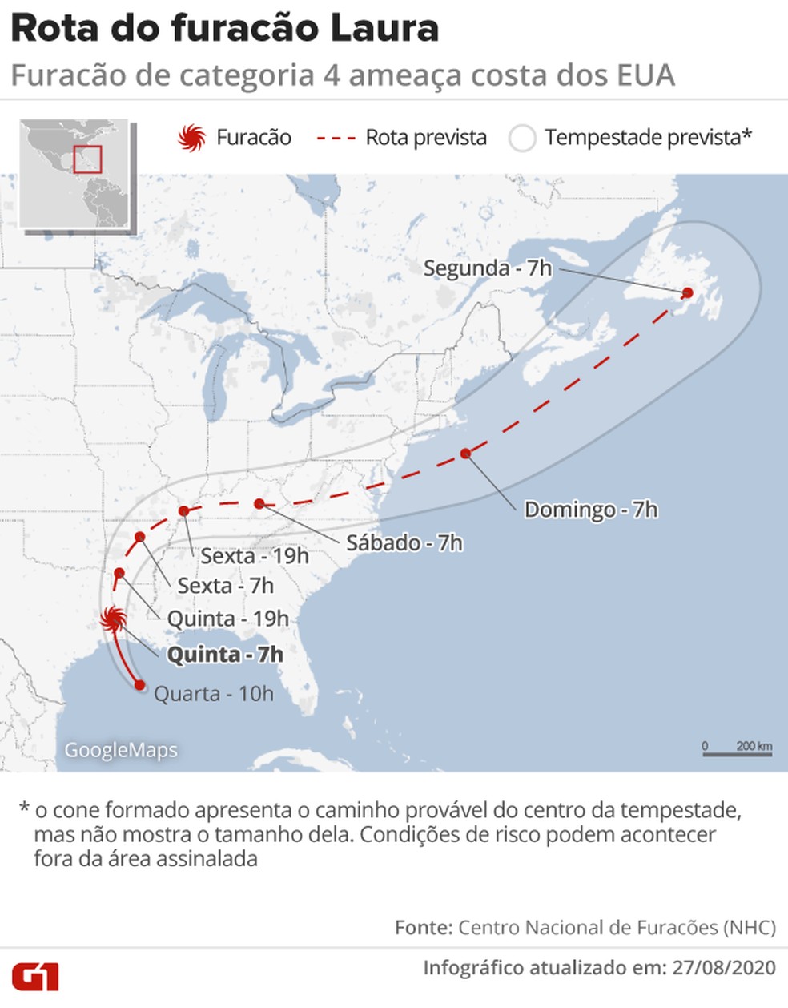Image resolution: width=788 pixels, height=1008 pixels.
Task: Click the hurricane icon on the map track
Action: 112,619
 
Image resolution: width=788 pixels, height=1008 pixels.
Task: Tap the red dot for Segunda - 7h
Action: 687,293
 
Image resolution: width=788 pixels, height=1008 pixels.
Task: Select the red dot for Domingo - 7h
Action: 466,454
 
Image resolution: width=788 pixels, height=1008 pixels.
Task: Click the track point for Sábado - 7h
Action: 259,503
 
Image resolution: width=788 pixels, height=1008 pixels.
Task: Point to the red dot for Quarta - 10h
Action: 140,685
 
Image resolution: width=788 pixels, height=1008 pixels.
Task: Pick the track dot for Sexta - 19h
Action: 183,510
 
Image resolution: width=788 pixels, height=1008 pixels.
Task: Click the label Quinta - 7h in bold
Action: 224,655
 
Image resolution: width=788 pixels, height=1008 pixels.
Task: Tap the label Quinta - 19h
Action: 227,619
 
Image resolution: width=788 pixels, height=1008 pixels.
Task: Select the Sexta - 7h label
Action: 225,586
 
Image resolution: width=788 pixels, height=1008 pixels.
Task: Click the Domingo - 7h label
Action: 590,510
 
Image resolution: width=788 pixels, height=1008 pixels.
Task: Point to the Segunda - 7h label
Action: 487,268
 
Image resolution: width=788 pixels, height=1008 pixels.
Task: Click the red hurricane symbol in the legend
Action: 192,139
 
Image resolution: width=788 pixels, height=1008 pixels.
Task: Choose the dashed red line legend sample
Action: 336,139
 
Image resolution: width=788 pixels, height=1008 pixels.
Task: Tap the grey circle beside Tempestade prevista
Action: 522,139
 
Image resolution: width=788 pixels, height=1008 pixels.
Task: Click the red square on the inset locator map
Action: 87,158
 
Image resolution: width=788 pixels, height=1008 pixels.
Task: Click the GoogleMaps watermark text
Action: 121,750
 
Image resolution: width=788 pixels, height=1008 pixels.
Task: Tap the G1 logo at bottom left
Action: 36,978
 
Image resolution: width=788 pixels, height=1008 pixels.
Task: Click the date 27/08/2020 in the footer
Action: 724,967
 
